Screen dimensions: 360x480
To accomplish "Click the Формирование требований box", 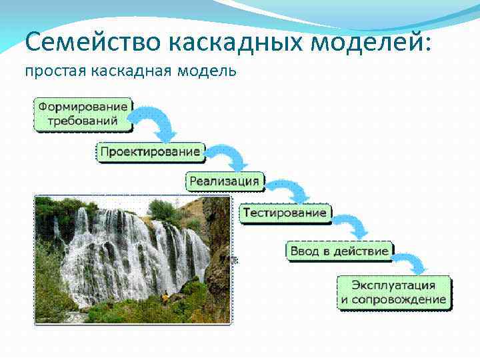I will click(x=83, y=113).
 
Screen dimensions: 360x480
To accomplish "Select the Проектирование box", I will click(x=150, y=151).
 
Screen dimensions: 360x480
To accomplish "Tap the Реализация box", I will click(x=225, y=180).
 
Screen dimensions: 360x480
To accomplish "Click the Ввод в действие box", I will click(x=339, y=251).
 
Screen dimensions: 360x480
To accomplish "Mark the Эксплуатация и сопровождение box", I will click(x=393, y=292).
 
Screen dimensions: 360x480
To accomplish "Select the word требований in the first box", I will click(x=83, y=121).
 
